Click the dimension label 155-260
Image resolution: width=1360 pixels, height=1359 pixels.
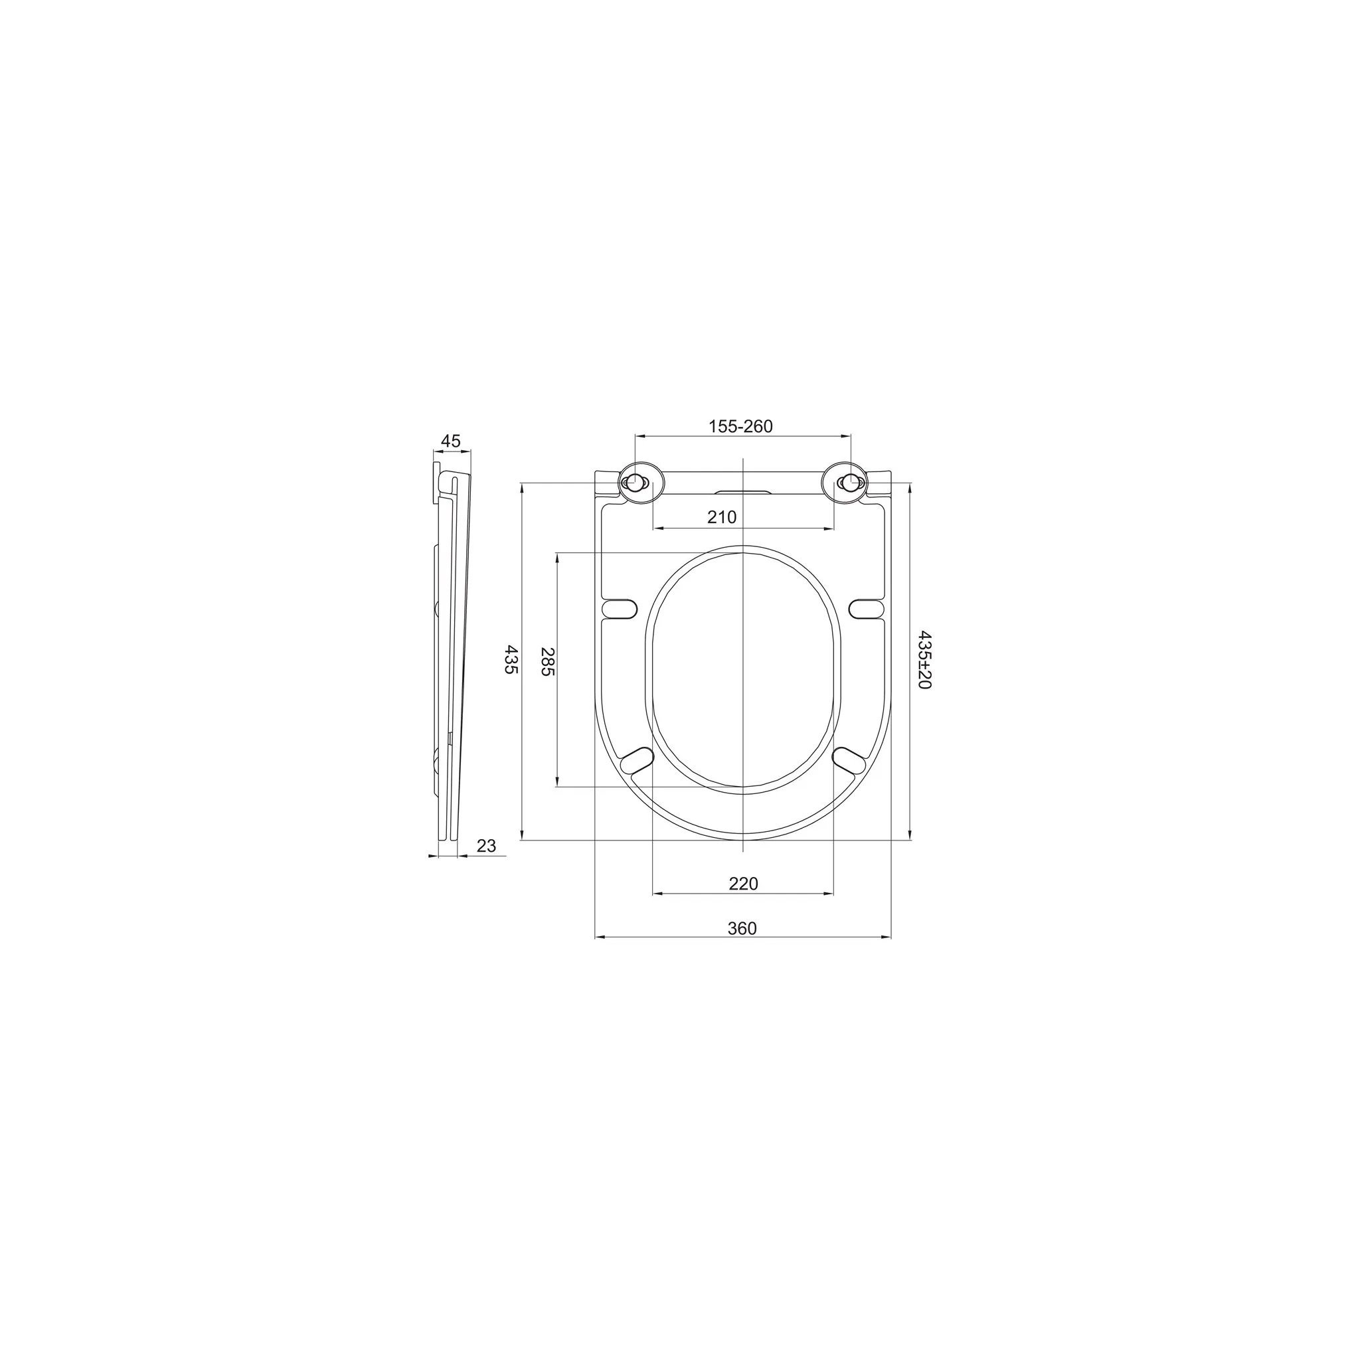740,426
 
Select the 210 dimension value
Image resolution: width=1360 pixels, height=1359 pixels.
722,517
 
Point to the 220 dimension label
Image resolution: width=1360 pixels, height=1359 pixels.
743,883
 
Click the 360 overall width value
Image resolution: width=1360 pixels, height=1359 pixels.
742,928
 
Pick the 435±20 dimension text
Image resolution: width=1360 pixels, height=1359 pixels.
924,660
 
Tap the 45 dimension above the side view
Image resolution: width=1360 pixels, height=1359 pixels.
450,441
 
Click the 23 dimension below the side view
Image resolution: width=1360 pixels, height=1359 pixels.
486,845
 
